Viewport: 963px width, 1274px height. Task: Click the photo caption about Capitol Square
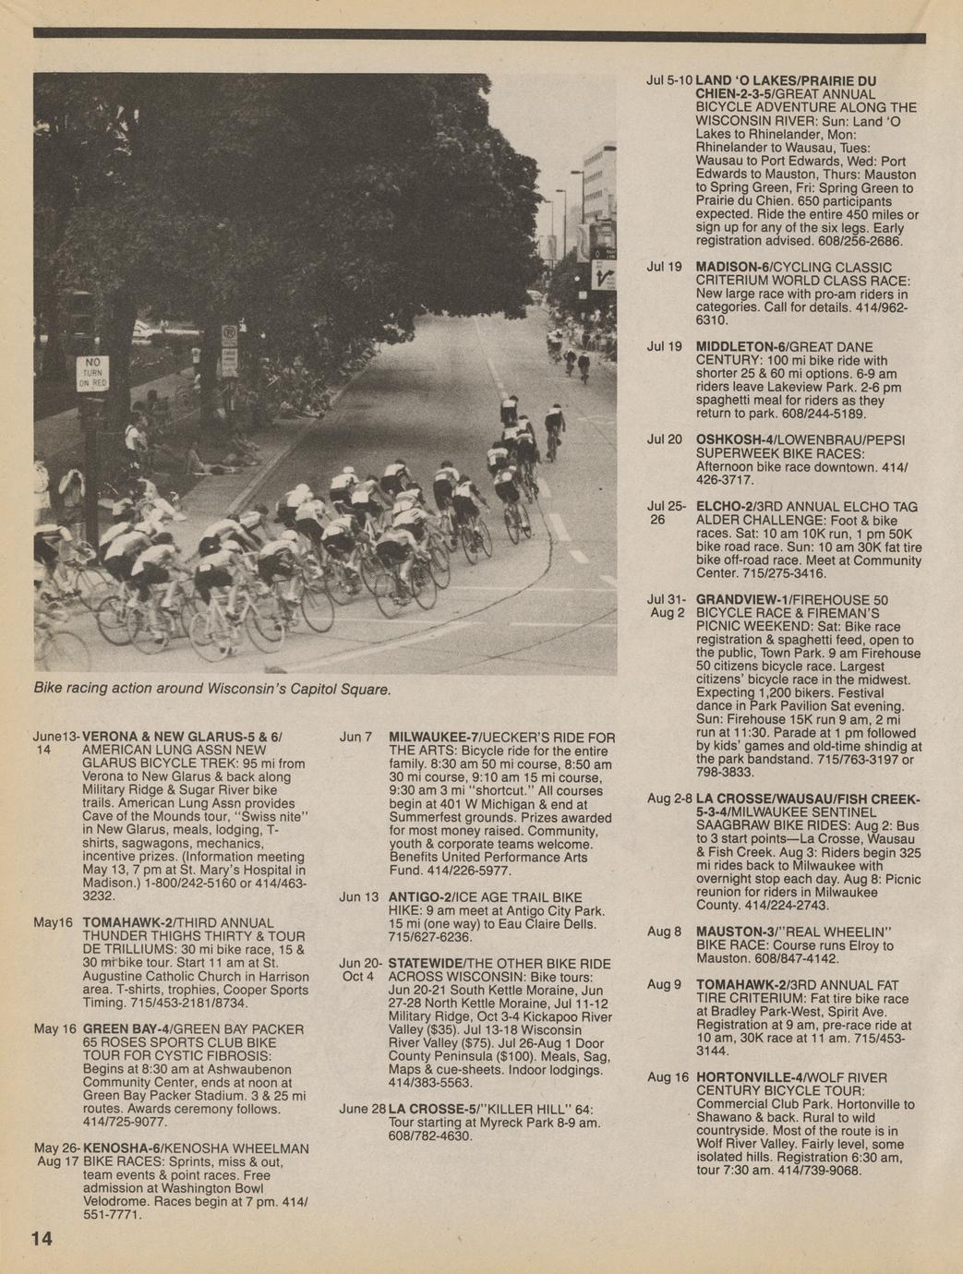click(212, 689)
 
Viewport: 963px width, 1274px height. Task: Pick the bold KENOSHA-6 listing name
click(122, 1148)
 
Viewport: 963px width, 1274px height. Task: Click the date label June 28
click(362, 1108)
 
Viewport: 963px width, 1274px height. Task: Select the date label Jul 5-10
click(668, 80)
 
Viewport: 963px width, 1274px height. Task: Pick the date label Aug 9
click(663, 984)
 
